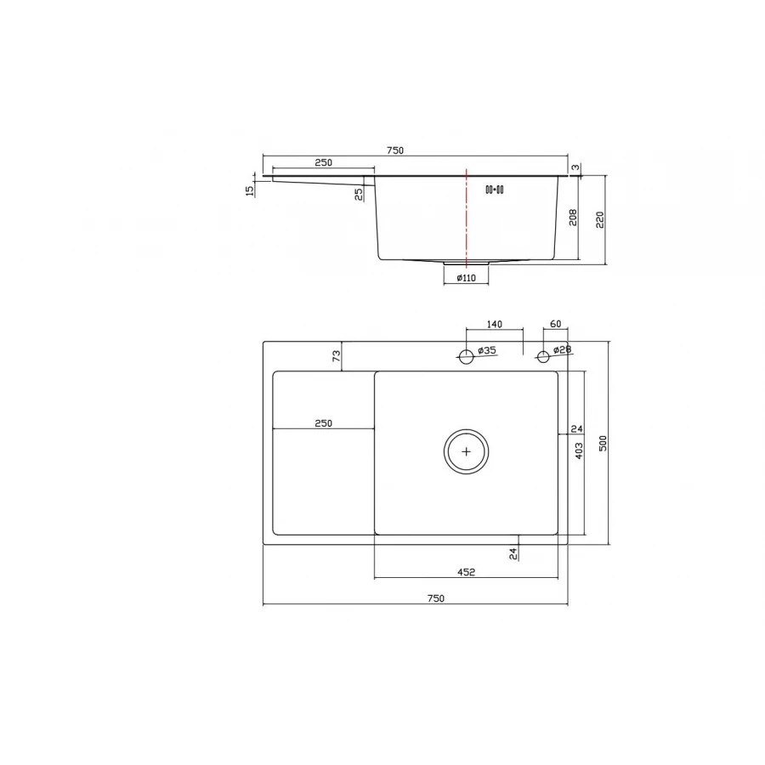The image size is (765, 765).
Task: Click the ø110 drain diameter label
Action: click(466, 278)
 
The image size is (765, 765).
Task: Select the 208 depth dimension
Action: click(574, 218)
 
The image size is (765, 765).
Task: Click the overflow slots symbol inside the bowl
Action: click(495, 190)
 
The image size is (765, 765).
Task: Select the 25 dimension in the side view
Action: click(360, 193)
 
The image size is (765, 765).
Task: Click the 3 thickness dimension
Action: click(575, 168)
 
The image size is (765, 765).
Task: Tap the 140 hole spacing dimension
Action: click(495, 324)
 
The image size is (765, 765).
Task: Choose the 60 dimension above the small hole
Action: click(556, 324)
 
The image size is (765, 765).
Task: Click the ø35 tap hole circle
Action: click(466, 356)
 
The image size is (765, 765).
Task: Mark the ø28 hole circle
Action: click(543, 356)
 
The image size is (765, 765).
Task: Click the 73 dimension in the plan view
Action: click(336, 357)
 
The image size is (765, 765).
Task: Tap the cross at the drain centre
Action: click(466, 450)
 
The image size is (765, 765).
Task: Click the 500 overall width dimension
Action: click(603, 443)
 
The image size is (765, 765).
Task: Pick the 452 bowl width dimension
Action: click(466, 571)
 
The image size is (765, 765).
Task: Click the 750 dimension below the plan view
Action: click(435, 598)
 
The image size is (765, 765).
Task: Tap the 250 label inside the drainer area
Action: click(322, 422)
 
